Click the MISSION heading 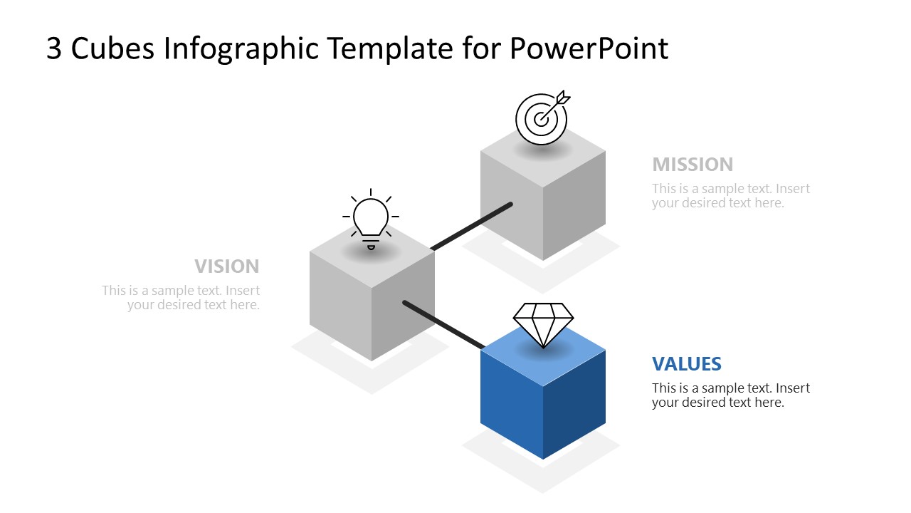[x=692, y=165]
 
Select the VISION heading [x=227, y=266]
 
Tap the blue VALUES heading [x=686, y=364]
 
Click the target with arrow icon [x=542, y=117]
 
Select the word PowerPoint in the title [x=589, y=48]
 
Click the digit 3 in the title [x=54, y=48]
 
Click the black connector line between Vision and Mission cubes [x=471, y=227]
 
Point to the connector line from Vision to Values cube [x=443, y=325]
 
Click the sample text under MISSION [x=730, y=196]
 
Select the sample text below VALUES [x=730, y=395]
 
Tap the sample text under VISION [x=181, y=298]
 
